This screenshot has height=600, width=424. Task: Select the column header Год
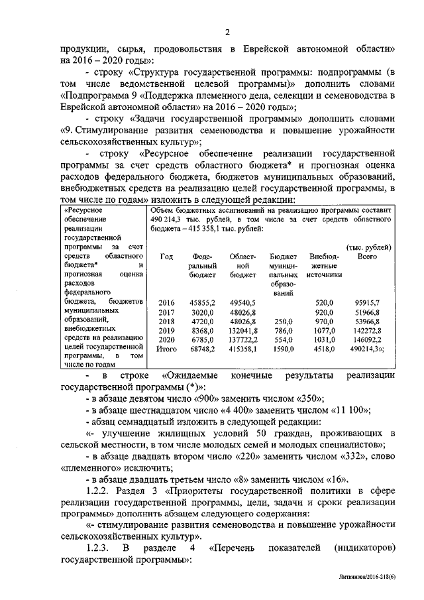166,256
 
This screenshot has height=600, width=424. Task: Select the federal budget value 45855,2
203,302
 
